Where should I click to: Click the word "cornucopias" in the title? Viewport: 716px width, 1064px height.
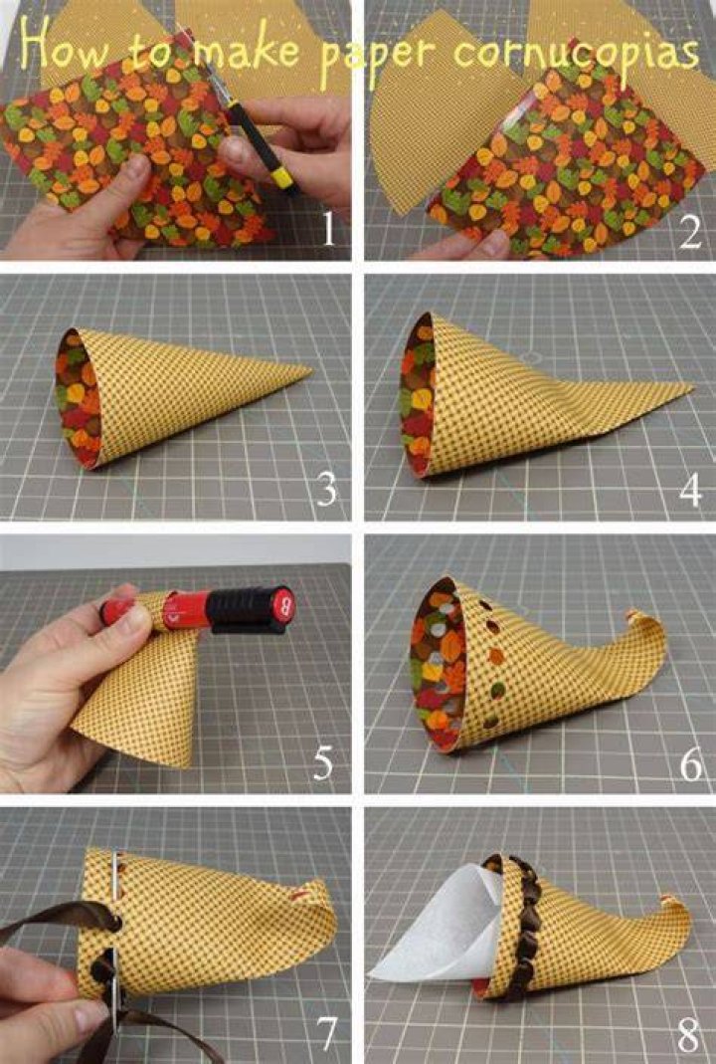coord(576,52)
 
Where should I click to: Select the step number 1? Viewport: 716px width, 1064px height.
coord(329,228)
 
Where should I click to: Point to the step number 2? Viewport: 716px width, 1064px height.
coord(689,231)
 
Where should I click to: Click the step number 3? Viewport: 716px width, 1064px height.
coord(326,489)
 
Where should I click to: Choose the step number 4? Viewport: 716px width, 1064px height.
coord(690,490)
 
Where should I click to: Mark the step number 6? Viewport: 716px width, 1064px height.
coord(691,764)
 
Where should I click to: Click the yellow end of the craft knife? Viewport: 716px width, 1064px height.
coord(280,177)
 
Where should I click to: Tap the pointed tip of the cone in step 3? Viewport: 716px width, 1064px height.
coord(310,371)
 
